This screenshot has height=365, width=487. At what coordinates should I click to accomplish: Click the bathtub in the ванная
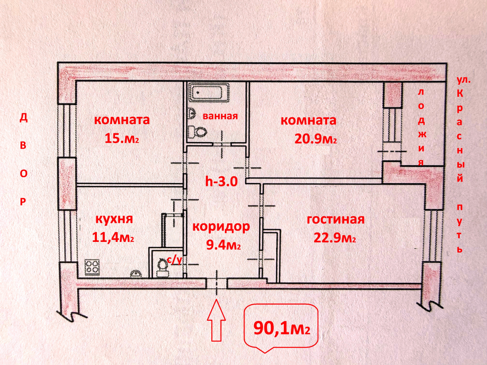tap(209, 92)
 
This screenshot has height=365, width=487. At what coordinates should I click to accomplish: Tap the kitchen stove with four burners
tap(92, 267)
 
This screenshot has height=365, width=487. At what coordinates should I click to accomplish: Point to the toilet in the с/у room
tap(162, 268)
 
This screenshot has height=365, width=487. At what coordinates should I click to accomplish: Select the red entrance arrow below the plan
tap(216, 320)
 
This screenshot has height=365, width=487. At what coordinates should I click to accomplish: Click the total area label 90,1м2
tap(281, 328)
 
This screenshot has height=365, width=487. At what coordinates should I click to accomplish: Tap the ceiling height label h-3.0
tap(222, 181)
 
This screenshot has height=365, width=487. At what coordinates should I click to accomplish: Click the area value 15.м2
tap(122, 138)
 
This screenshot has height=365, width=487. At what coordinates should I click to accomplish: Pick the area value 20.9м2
tap(316, 139)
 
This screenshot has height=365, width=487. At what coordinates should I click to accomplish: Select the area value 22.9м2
tap(335, 238)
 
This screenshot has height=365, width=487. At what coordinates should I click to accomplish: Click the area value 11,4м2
tap(113, 237)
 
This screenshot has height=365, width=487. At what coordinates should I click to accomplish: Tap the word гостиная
tap(336, 219)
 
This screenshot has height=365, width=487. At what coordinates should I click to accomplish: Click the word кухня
tap(114, 219)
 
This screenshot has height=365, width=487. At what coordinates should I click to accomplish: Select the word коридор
tap(221, 227)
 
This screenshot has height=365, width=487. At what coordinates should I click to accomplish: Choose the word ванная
tap(220, 116)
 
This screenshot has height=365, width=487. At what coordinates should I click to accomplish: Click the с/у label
tap(174, 259)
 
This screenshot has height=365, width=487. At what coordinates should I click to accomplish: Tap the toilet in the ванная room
tap(197, 131)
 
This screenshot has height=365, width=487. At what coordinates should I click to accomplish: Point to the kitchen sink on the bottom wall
tap(136, 273)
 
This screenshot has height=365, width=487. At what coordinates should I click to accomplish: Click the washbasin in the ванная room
tap(191, 113)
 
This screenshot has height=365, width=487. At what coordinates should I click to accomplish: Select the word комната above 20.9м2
tap(308, 120)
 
